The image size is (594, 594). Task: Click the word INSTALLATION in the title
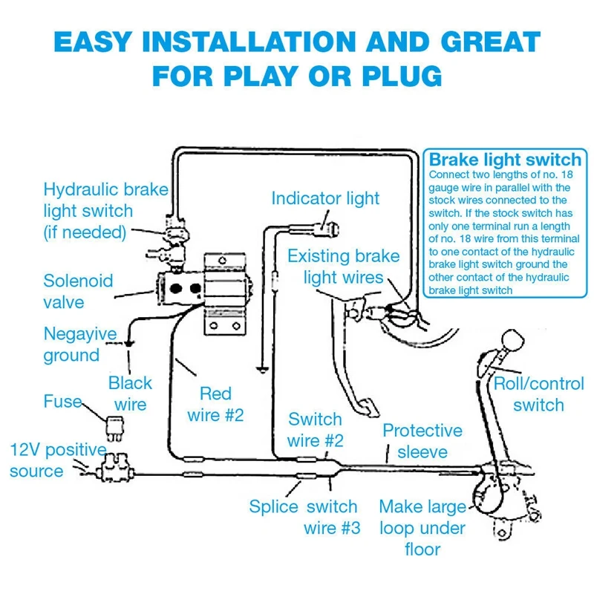pyautogui.click(x=249, y=42)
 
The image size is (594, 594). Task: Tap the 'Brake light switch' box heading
pyautogui.click(x=505, y=160)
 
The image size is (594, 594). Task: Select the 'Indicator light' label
pyautogui.click(x=325, y=198)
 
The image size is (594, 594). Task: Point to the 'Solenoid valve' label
pyautogui.click(x=78, y=292)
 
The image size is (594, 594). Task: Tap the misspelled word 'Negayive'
pyautogui.click(x=80, y=333)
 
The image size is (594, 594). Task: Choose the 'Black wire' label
pyautogui.click(x=130, y=394)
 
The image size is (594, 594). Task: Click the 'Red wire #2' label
pyautogui.click(x=215, y=404)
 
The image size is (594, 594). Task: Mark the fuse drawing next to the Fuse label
pyautogui.click(x=114, y=428)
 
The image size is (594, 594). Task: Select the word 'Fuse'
pyautogui.click(x=62, y=402)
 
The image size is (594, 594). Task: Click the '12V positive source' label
pyautogui.click(x=58, y=460)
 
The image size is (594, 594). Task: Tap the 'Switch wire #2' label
pyautogui.click(x=315, y=430)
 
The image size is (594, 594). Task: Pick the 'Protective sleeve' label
pyautogui.click(x=422, y=441)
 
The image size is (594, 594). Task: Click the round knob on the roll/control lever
pyautogui.click(x=512, y=339)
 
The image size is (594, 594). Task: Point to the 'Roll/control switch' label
pyautogui.click(x=539, y=394)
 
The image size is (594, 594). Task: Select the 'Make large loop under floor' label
pyautogui.click(x=422, y=528)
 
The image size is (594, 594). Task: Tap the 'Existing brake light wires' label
pyautogui.click(x=344, y=267)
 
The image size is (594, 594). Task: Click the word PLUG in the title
pyautogui.click(x=402, y=76)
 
